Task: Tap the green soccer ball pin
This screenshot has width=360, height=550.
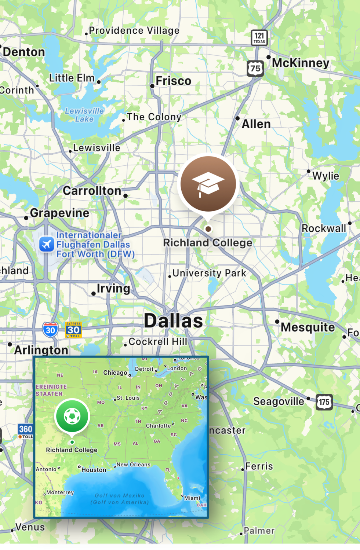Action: pos(72,416)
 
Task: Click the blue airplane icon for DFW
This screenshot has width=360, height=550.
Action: pos(47,244)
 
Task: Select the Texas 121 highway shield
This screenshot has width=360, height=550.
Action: pos(259,37)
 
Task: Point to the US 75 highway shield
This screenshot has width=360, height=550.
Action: pos(255,68)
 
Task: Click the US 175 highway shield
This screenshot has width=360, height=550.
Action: pos(324,402)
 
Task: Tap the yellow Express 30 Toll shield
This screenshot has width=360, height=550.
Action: pos(73,330)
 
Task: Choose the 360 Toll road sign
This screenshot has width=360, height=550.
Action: pos(26,431)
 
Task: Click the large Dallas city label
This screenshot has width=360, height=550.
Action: pos(173,321)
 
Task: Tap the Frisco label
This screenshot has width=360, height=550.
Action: pos(173,81)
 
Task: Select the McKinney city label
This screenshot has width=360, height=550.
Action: pos(301,63)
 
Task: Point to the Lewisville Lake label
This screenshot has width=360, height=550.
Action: pos(84,115)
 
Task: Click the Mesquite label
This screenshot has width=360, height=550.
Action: pos(308,327)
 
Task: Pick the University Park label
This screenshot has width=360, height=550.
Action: pos(209,273)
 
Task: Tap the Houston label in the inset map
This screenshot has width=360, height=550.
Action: pos(94,470)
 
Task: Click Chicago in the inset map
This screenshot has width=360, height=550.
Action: pos(115,373)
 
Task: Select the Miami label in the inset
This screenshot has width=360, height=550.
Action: pos(192,498)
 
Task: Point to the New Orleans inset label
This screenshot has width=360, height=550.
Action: pos(133,465)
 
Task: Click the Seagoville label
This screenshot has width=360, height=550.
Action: pos(279,401)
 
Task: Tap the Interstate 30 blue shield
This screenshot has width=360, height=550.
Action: pos(50,330)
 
